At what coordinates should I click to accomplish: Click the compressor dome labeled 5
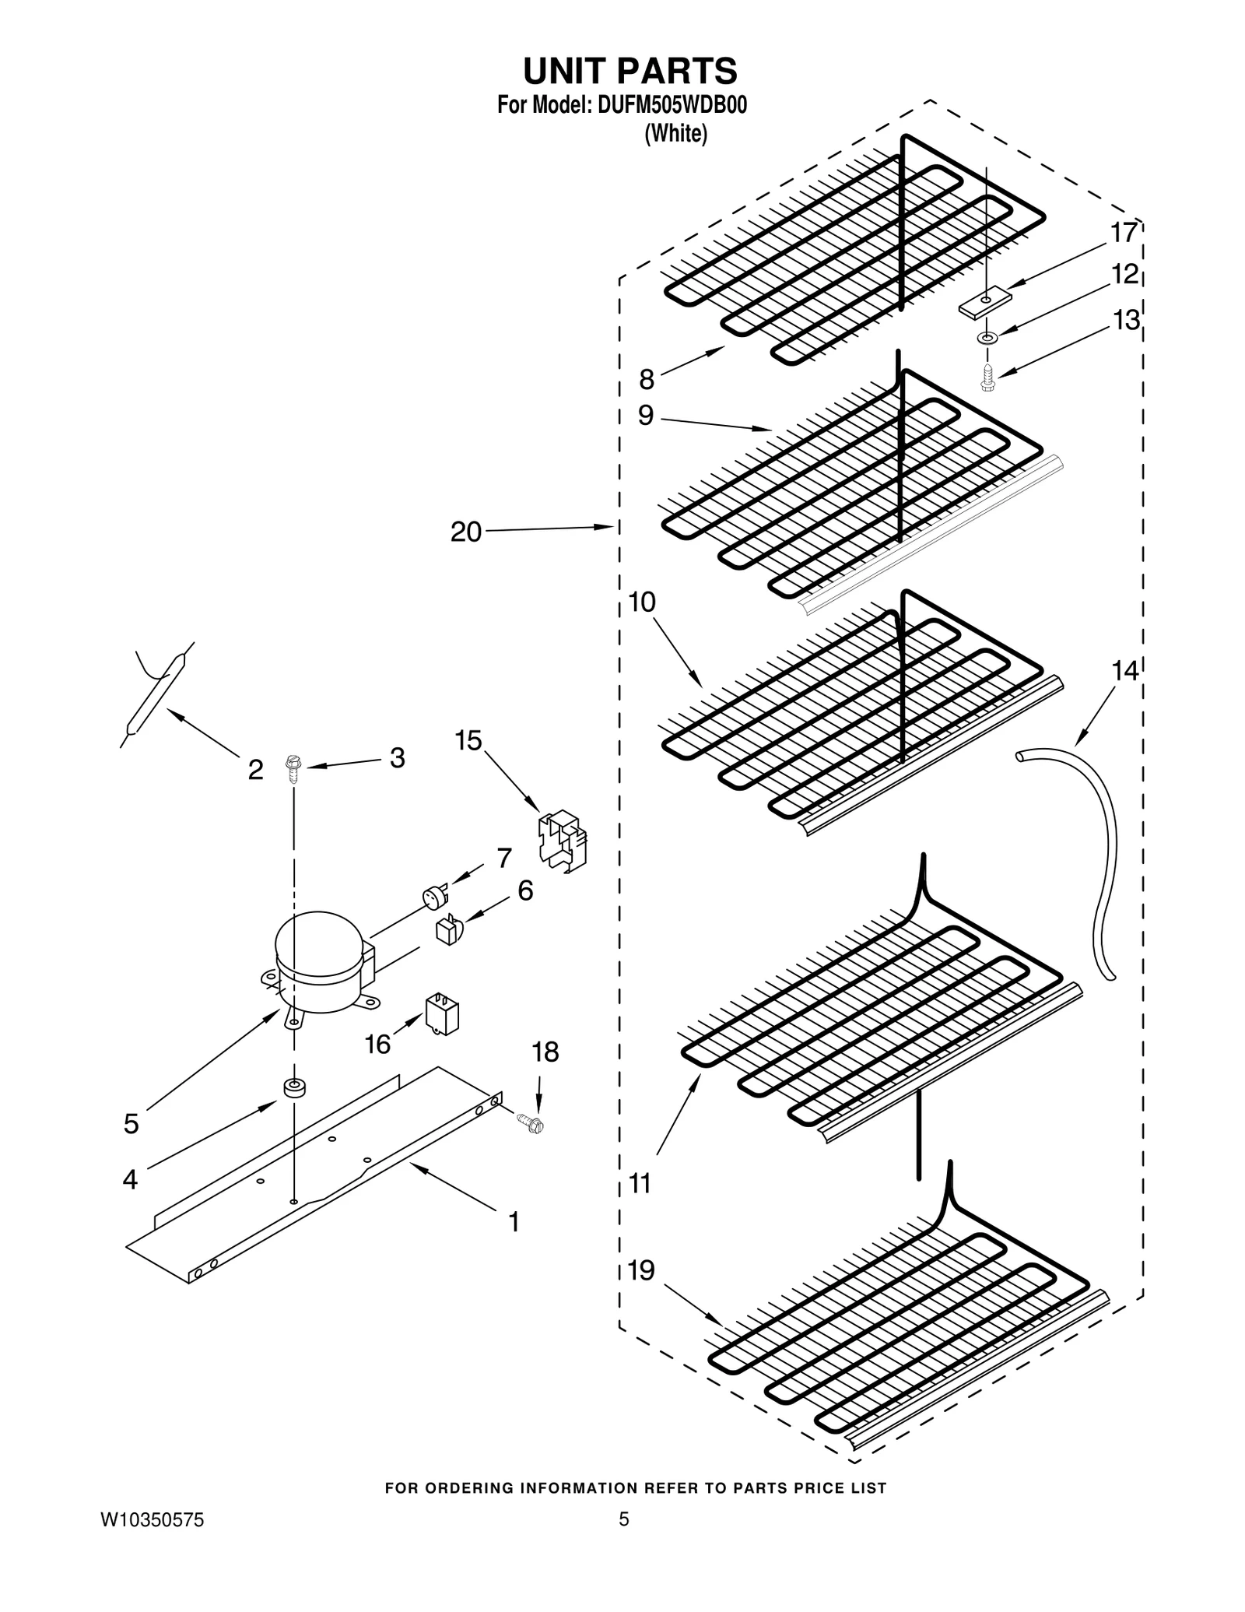point(319,961)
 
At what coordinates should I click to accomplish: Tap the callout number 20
point(466,532)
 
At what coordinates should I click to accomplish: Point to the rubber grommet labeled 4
point(294,1089)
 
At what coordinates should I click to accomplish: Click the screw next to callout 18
point(531,1122)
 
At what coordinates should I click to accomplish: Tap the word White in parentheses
point(675,134)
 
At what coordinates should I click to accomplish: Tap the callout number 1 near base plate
point(514,1222)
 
